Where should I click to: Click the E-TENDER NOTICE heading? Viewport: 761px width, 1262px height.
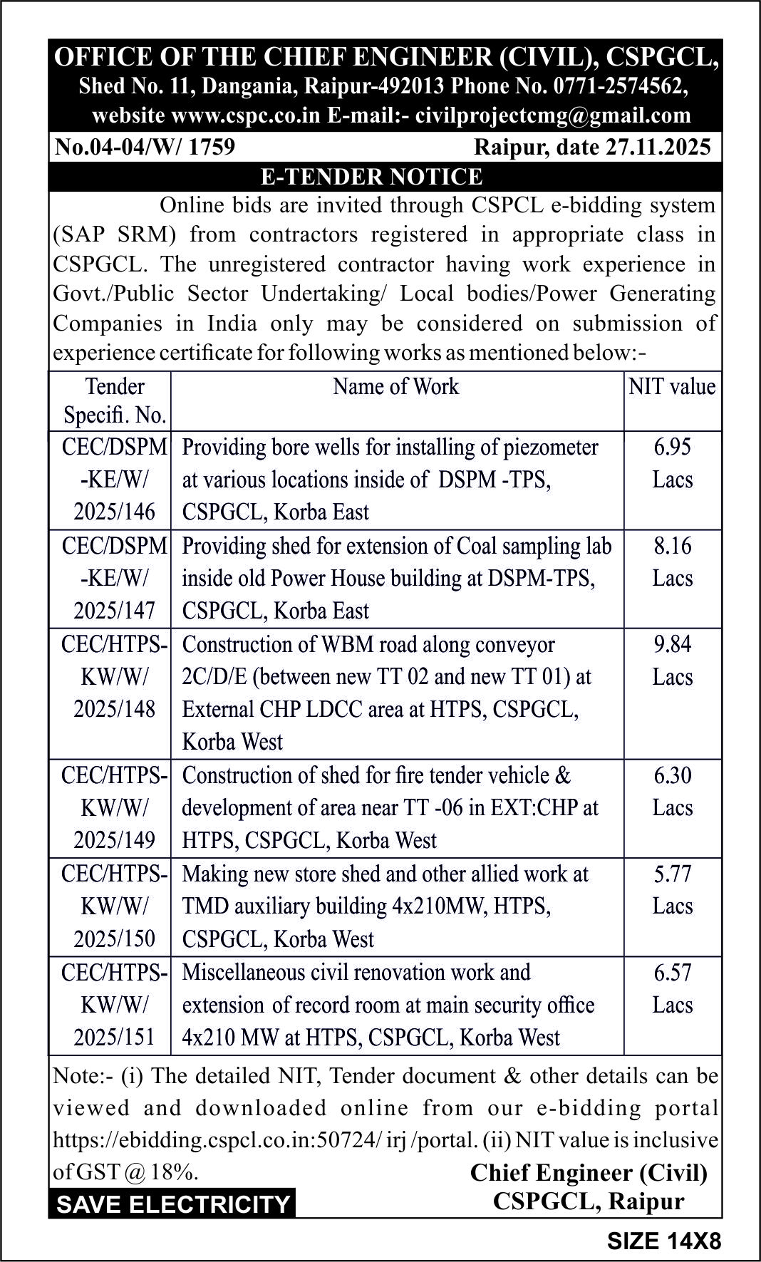pyautogui.click(x=371, y=177)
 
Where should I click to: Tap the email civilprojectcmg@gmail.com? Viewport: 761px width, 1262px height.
pyautogui.click(x=553, y=115)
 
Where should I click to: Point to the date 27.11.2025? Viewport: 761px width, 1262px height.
pyautogui.click(x=659, y=147)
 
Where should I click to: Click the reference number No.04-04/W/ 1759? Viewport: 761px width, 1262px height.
pyautogui.click(x=145, y=147)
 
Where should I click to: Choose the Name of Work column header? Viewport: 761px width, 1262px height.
pyautogui.click(x=396, y=386)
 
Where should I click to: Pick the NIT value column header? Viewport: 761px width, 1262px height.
pyautogui.click(x=672, y=386)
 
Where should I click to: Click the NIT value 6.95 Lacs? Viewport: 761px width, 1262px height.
pyautogui.click(x=673, y=463)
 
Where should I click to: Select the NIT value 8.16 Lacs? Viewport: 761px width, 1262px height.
pyautogui.click(x=673, y=562)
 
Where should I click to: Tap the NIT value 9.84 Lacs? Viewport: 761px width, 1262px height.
pyautogui.click(x=673, y=660)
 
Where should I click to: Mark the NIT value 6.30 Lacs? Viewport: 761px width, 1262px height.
pyautogui.click(x=673, y=791)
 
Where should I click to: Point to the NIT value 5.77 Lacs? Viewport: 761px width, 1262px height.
pyautogui.click(x=673, y=889)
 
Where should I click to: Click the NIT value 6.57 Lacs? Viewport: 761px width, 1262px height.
pyautogui.click(x=673, y=988)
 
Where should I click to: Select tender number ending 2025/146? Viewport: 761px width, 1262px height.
pyautogui.click(x=114, y=512)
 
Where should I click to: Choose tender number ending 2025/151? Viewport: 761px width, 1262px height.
pyautogui.click(x=114, y=1037)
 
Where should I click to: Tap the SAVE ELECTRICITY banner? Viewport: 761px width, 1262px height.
pyautogui.click(x=173, y=1204)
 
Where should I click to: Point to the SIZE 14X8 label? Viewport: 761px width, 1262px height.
pyautogui.click(x=663, y=1241)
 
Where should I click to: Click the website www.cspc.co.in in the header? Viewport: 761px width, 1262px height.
pyautogui.click(x=246, y=115)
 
